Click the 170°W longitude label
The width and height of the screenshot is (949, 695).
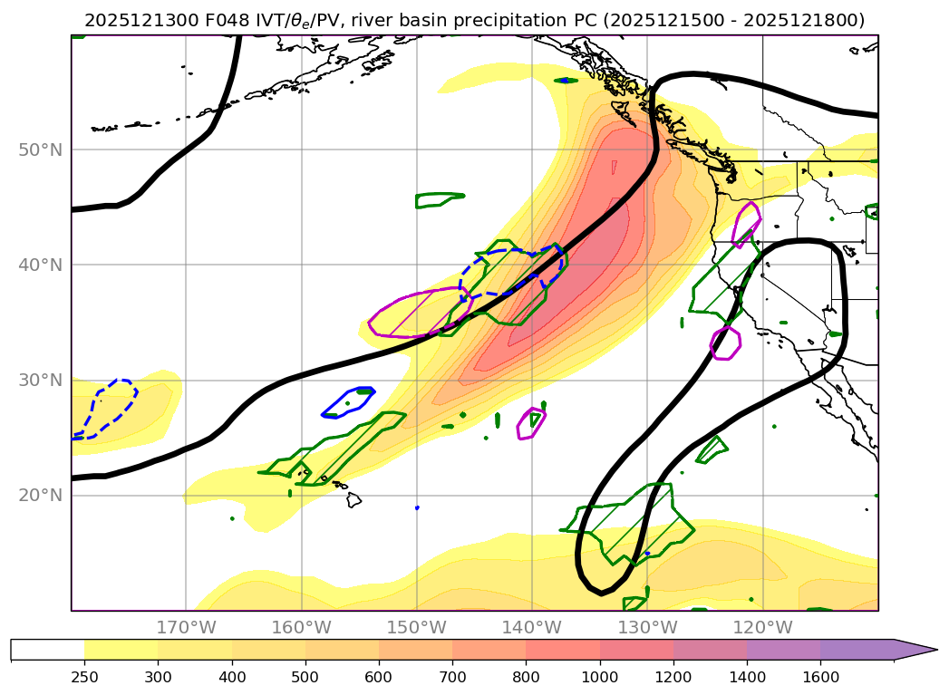point(186,627)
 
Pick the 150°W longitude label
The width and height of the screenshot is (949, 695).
point(417,627)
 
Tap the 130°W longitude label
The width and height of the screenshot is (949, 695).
point(647,627)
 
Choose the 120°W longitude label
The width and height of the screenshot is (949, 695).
point(762,627)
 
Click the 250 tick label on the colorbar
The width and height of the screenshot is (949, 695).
point(84,676)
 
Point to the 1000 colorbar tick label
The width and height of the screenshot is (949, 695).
point(599,676)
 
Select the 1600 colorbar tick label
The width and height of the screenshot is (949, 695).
point(820,676)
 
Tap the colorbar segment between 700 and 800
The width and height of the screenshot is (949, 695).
point(489,650)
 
